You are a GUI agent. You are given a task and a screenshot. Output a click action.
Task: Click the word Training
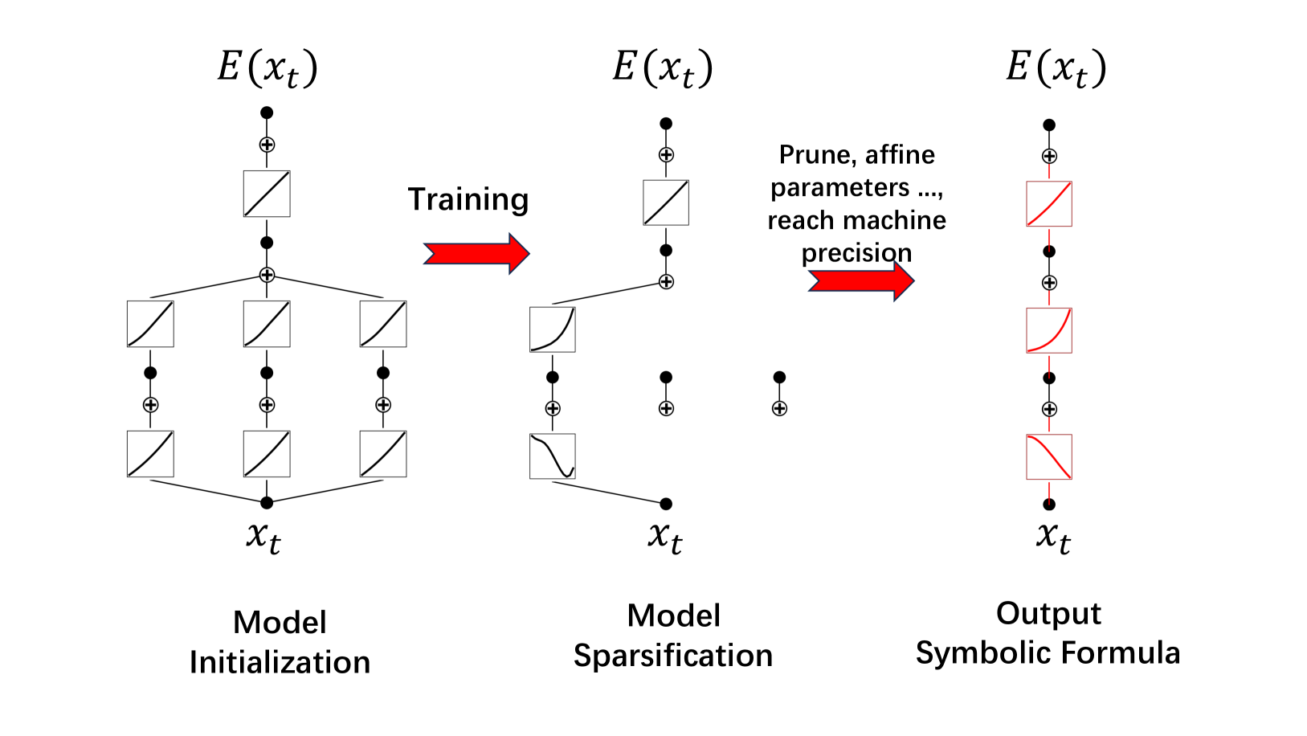click(468, 199)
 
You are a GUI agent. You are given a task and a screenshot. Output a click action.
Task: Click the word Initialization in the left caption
click(280, 662)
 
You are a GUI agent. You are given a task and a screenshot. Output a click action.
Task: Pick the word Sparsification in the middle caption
click(673, 656)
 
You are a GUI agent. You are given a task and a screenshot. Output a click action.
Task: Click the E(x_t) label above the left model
click(268, 67)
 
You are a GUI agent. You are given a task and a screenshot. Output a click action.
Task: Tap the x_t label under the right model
click(1052, 536)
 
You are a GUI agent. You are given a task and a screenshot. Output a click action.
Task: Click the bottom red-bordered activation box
click(1049, 456)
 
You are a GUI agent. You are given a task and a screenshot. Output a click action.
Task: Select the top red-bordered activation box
click(1049, 204)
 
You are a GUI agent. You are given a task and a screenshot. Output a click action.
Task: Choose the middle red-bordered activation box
click(1049, 330)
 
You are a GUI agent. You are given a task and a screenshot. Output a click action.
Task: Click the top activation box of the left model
click(267, 194)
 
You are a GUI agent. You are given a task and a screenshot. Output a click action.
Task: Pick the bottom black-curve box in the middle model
click(553, 456)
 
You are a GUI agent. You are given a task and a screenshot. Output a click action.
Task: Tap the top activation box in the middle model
click(666, 202)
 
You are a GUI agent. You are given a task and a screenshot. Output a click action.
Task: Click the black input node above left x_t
click(267, 503)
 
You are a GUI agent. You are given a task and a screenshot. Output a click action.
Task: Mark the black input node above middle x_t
click(666, 504)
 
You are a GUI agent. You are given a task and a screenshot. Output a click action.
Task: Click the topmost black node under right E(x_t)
click(1049, 125)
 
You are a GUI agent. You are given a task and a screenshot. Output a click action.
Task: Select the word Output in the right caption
click(1048, 613)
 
